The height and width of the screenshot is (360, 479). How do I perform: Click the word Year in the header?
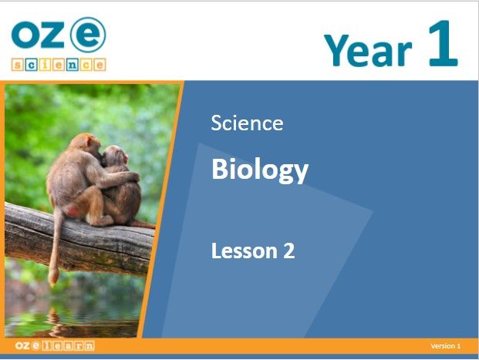click(x=368, y=50)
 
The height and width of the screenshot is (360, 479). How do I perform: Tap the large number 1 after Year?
click(x=444, y=43)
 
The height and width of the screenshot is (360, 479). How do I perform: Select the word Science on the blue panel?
click(x=247, y=123)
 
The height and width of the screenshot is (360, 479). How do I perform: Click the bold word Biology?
click(x=260, y=170)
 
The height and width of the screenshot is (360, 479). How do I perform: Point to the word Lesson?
click(x=245, y=251)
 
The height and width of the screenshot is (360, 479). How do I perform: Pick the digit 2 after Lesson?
click(x=289, y=251)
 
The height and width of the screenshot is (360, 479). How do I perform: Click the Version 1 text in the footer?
click(x=445, y=346)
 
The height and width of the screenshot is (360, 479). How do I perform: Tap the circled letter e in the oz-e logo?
click(x=88, y=35)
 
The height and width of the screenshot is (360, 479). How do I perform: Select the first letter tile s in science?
click(x=18, y=65)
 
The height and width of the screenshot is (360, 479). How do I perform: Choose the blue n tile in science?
click(x=72, y=65)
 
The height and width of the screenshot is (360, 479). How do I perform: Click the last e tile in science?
click(x=100, y=65)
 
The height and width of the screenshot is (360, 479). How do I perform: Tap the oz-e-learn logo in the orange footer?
click(x=55, y=345)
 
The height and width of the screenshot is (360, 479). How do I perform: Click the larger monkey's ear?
click(x=89, y=141)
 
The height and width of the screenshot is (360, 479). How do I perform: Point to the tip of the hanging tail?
click(x=53, y=281)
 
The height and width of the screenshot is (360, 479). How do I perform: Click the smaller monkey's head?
click(x=115, y=156)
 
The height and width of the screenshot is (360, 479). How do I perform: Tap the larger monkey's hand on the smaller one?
click(x=133, y=177)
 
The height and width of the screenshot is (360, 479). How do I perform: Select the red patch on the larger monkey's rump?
click(x=73, y=211)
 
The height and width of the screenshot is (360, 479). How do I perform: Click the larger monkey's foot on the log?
click(x=103, y=220)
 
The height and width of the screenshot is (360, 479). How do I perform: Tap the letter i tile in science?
click(x=45, y=65)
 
